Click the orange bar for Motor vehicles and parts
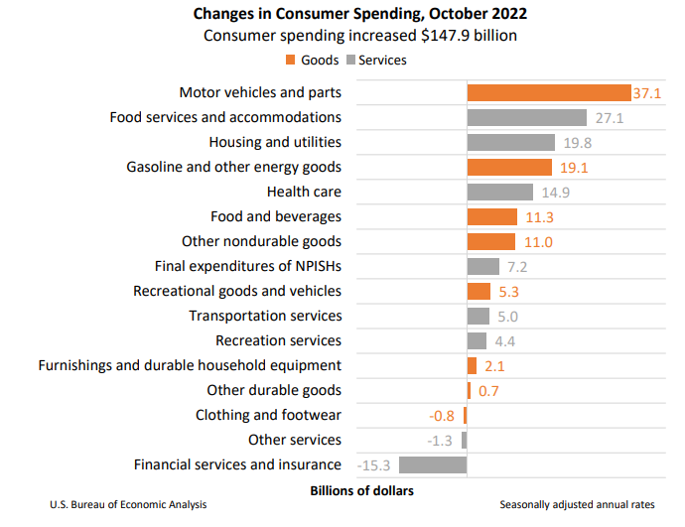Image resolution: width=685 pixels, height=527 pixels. [549, 92]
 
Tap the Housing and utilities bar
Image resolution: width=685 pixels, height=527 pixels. [511, 142]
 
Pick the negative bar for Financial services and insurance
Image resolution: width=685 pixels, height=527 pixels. [433, 464]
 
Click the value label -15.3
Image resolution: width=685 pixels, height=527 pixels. [377, 464]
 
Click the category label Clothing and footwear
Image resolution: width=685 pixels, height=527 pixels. [268, 415]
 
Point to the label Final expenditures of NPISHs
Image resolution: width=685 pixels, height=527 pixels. [248, 266]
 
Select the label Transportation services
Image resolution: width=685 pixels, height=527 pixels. [265, 316]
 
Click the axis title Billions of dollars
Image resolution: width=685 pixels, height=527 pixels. [361, 490]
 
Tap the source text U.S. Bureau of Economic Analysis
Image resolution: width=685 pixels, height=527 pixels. [128, 505]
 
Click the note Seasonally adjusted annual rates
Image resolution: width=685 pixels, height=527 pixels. [577, 505]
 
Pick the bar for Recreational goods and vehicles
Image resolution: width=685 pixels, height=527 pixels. [479, 291]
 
